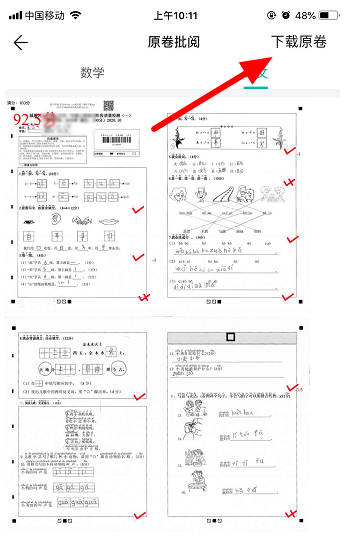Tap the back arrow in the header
21,42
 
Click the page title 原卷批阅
180,42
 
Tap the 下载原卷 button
312,42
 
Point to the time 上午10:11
180,15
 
